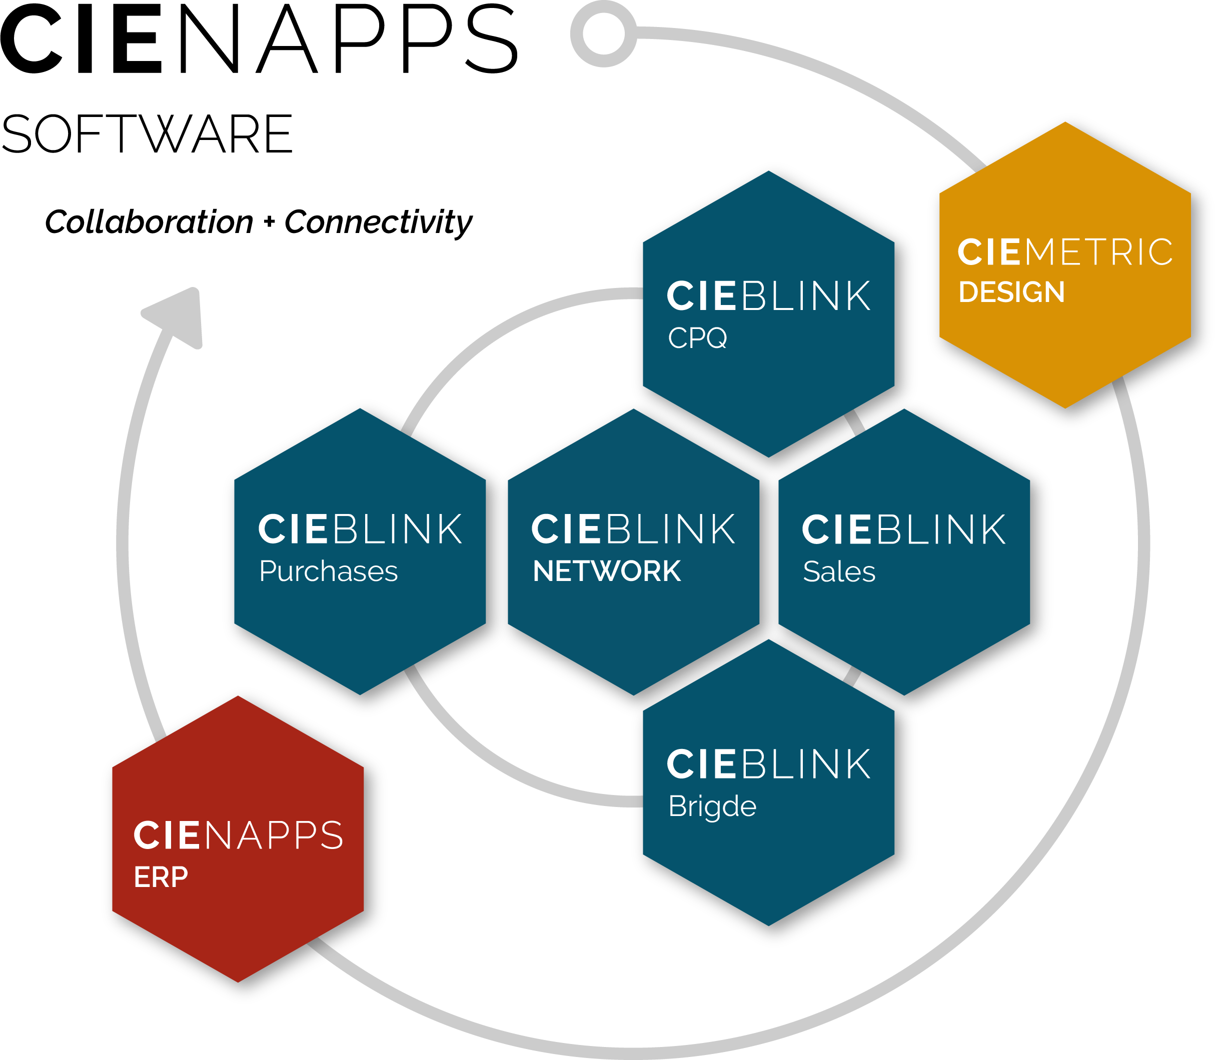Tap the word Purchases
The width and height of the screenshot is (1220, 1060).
click(328, 571)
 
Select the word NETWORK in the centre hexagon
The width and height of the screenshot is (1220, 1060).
click(606, 571)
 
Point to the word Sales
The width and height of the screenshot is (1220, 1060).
click(838, 571)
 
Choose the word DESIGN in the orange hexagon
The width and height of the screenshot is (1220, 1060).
click(1011, 292)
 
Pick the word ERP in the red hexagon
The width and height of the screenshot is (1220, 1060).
click(161, 877)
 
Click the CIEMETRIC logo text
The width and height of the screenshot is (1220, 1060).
click(1064, 252)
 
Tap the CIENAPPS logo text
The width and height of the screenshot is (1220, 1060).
click(238, 835)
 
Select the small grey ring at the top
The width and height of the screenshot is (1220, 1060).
click(603, 33)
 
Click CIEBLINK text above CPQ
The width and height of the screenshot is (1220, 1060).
click(768, 296)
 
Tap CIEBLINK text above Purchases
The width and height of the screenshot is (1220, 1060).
click(360, 529)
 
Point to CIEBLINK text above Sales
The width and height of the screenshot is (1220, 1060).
click(903, 529)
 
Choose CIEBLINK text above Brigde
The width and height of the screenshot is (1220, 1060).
click(768, 764)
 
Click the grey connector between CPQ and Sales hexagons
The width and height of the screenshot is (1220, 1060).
click(854, 422)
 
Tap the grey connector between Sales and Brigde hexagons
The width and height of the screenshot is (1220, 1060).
click(852, 675)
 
